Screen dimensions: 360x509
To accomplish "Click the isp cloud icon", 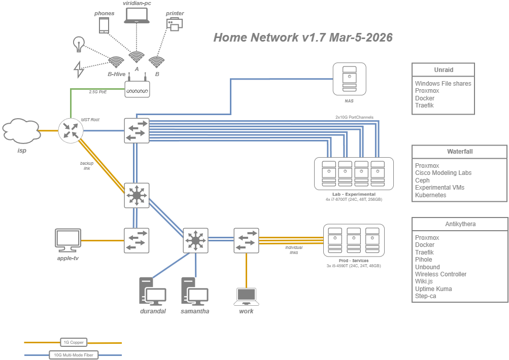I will pyautogui.click(x=21, y=129).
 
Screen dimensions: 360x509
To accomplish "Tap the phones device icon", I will pyautogui.click(x=104, y=26).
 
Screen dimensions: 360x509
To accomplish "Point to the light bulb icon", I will pyautogui.click(x=78, y=44).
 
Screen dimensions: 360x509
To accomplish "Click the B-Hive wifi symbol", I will pyautogui.click(x=116, y=62).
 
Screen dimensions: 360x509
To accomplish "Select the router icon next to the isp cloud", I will pyautogui.click(x=71, y=130).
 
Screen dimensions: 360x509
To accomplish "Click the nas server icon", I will pyautogui.click(x=349, y=79).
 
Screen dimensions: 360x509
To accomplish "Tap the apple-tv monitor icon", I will pyautogui.click(x=68, y=240).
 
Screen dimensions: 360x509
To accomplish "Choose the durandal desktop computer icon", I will pyautogui.click(x=153, y=291).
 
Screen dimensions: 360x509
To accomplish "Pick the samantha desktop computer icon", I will pyautogui.click(x=195, y=291).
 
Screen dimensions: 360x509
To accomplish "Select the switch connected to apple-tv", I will pyautogui.click(x=137, y=240).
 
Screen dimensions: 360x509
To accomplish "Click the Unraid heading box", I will pyautogui.click(x=443, y=69).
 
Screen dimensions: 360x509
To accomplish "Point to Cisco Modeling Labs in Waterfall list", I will pyautogui.click(x=443, y=173).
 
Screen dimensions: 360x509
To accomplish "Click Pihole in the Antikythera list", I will pyautogui.click(x=424, y=260).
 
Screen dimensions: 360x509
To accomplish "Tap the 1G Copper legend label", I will pyautogui.click(x=73, y=343).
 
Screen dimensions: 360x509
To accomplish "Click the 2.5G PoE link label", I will pyautogui.click(x=98, y=92).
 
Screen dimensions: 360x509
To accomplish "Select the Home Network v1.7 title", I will pyautogui.click(x=302, y=38).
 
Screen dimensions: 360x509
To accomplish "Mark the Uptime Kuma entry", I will pyautogui.click(x=433, y=289).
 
